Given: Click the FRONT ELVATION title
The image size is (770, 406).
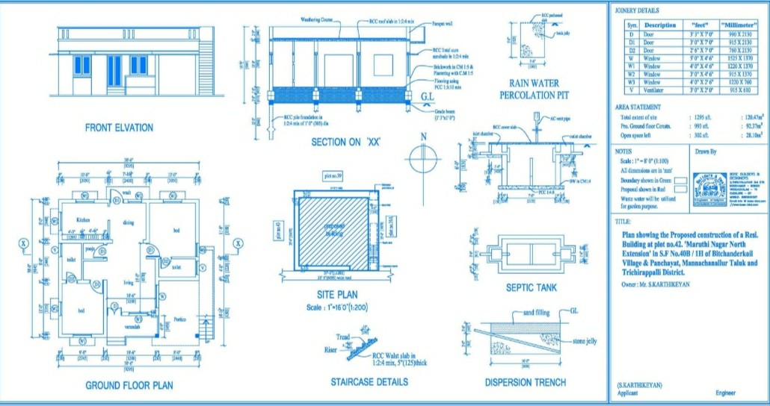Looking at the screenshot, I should point(119,128).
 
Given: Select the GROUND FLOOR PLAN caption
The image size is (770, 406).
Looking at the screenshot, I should point(129,386).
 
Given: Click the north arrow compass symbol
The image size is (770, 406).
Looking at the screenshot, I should point(423,159).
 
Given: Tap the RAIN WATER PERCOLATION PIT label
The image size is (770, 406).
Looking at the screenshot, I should point(535,90).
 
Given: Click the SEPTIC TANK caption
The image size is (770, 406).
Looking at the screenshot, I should point(532,287).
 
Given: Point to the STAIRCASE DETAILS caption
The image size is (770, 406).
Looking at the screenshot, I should point(369,382).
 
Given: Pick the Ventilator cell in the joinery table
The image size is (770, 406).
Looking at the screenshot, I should point(653,90).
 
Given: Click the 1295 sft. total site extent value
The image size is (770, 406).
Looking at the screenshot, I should point(698,118).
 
